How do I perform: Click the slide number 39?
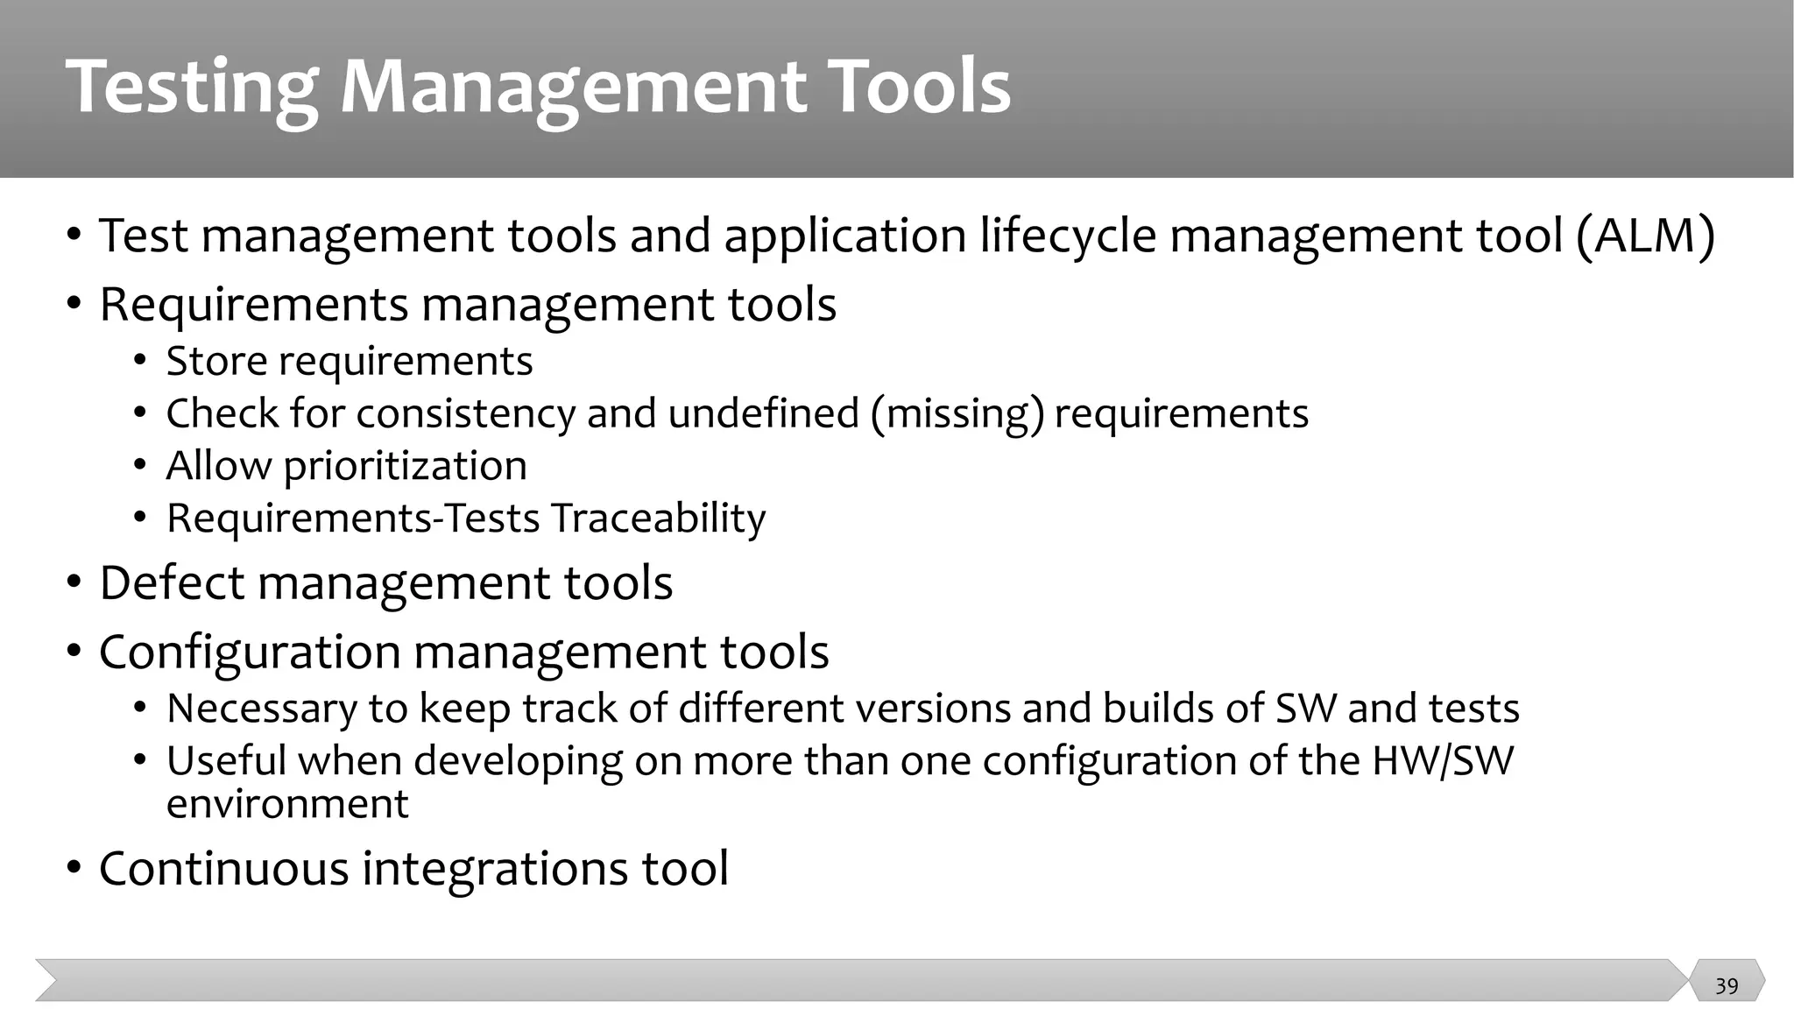click(1727, 986)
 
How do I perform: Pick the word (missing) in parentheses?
click(957, 413)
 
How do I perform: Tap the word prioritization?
click(405, 466)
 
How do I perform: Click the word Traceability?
click(658, 519)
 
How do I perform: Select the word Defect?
click(172, 582)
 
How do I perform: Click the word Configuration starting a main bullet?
click(250, 653)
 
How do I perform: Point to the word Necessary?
click(261, 709)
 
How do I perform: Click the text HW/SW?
click(1442, 760)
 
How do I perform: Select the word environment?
click(287, 804)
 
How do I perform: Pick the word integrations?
click(495, 869)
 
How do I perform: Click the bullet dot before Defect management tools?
click(74, 583)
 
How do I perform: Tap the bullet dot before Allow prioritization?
click(141, 466)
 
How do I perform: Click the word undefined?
click(763, 413)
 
